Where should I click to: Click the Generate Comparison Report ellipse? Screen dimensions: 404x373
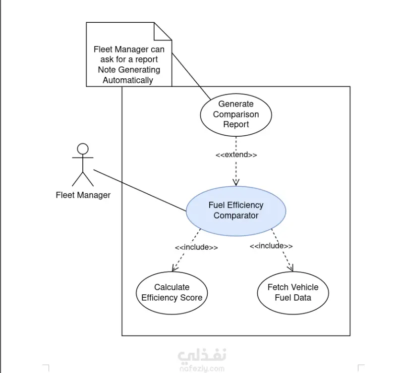[236, 114]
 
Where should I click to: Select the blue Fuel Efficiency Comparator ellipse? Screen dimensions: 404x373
[236, 211]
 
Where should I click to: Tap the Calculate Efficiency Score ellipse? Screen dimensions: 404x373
[172, 293]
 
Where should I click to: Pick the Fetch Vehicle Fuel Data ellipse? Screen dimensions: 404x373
[293, 293]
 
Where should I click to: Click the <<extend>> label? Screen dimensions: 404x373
[236, 155]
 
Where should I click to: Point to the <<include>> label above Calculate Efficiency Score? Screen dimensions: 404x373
[196, 247]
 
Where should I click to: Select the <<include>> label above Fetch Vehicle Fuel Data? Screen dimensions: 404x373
[271, 246]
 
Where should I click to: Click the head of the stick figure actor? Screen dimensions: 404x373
[83, 149]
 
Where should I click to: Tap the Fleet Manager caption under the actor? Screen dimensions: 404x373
[83, 195]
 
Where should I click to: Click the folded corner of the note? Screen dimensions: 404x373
[163, 31]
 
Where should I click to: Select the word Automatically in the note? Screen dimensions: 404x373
[128, 80]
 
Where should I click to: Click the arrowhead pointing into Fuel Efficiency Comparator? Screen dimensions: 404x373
[236, 182]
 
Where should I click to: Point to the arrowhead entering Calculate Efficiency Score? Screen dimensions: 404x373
[174, 268]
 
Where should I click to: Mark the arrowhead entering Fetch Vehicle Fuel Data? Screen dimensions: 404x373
[290, 267]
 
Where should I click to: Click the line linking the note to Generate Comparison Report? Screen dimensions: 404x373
[191, 76]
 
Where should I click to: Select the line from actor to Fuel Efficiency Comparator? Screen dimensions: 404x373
[140, 190]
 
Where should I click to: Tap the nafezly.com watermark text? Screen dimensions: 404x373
[202, 369]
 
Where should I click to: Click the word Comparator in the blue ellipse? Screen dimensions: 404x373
[236, 215]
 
